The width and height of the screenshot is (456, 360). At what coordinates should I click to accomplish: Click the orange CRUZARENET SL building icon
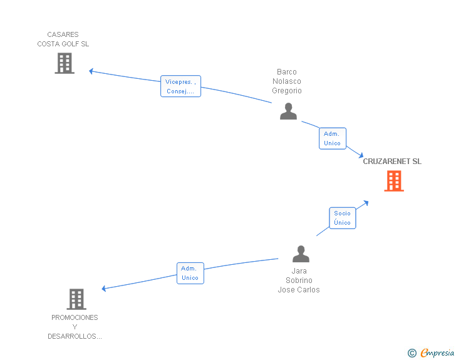[394, 181]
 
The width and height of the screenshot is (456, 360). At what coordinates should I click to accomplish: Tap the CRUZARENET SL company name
[392, 162]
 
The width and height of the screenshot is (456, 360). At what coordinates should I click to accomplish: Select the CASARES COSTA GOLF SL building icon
[65, 63]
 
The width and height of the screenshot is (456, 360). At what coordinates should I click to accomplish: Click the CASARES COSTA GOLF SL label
[63, 39]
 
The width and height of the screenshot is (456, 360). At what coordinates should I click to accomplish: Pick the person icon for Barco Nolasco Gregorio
[288, 111]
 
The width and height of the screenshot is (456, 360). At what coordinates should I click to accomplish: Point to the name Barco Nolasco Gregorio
[287, 81]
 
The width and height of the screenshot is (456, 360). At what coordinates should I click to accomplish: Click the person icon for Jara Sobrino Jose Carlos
[301, 254]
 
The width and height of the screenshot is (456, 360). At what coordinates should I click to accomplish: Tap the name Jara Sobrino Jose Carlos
[299, 280]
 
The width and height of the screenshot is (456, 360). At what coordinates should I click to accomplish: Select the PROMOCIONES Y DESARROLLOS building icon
[76, 299]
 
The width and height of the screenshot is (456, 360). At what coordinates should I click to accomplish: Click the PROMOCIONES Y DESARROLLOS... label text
[75, 327]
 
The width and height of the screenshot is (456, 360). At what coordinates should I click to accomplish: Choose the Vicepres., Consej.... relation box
[180, 86]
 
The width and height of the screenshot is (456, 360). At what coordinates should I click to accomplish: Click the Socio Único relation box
[342, 218]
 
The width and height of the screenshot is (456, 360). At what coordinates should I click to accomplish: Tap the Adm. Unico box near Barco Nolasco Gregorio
[333, 138]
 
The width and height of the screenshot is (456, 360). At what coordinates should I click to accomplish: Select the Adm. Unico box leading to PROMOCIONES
[190, 273]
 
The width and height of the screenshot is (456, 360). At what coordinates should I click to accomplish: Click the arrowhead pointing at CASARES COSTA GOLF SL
[91, 71]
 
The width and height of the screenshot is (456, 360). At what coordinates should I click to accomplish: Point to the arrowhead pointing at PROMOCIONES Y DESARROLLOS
[104, 289]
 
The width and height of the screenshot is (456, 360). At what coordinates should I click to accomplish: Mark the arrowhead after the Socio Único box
[366, 203]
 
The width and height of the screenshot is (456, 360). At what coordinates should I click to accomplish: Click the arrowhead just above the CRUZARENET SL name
[361, 155]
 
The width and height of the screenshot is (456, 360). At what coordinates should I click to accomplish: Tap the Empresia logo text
[437, 352]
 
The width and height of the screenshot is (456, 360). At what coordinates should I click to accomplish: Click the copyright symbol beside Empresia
[412, 353]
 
